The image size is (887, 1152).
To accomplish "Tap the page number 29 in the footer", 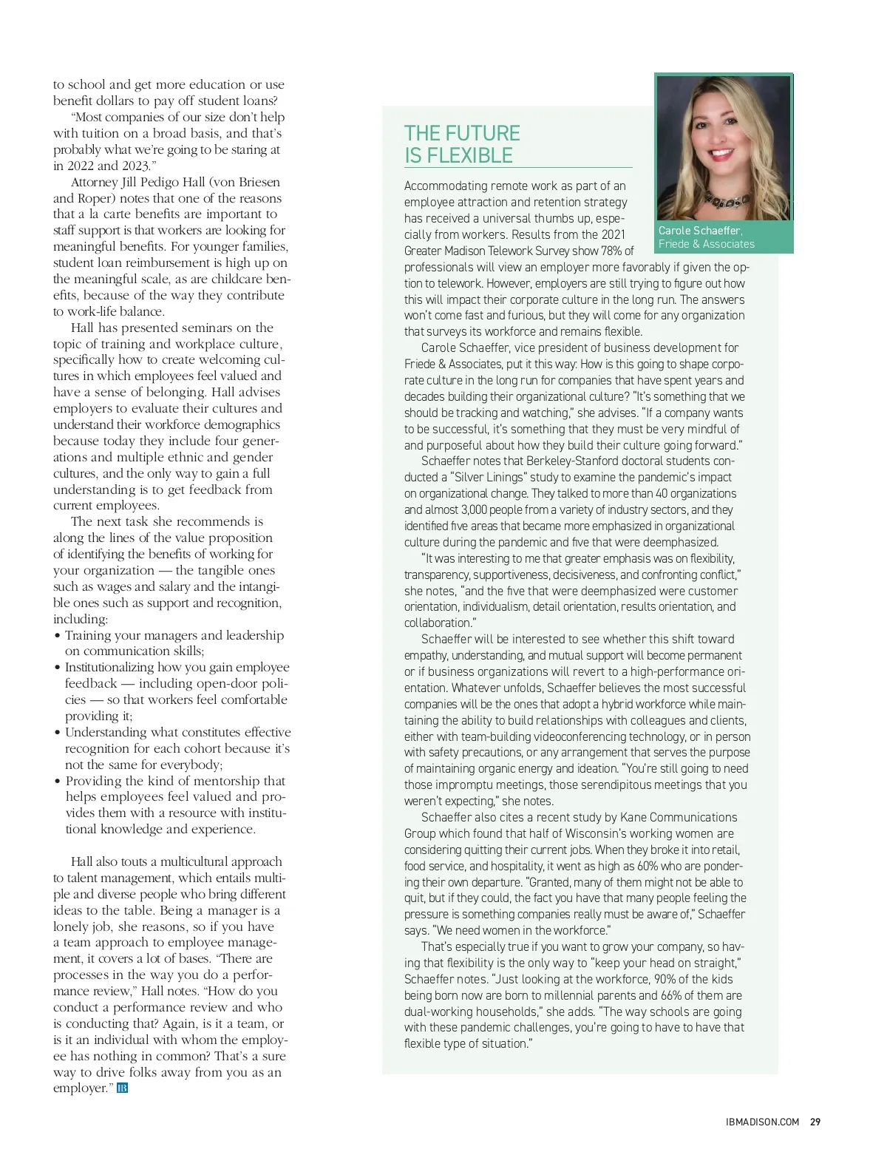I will [815, 1122].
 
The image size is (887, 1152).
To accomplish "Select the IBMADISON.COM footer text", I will [762, 1122].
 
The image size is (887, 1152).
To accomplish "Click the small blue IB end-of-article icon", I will [123, 1088].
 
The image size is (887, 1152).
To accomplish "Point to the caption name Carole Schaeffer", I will [699, 231].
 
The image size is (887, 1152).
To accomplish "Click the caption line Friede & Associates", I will [706, 244].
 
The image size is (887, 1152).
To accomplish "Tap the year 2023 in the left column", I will [133, 166].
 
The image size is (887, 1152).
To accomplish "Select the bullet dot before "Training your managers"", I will [58, 636].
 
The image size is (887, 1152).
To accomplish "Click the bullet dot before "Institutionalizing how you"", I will [58, 668].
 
